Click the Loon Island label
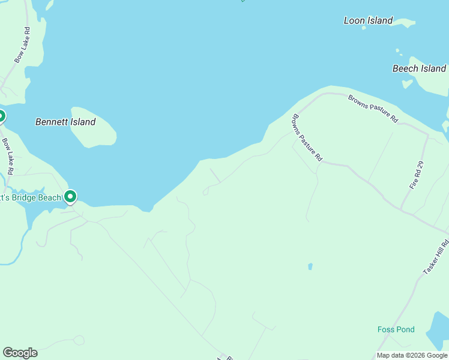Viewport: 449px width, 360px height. click(x=368, y=20)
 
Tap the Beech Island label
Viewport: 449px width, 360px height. click(x=419, y=68)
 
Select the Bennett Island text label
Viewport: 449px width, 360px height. click(x=65, y=122)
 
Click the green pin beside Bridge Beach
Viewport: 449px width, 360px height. click(x=70, y=196)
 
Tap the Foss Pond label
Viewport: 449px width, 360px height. click(x=396, y=329)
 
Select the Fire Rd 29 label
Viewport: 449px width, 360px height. click(x=417, y=176)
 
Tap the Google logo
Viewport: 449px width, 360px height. click(x=20, y=353)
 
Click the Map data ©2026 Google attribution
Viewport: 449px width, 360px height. click(x=412, y=355)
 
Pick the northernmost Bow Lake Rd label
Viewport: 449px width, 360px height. click(x=22, y=45)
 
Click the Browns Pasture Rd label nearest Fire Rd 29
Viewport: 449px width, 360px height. click(x=373, y=109)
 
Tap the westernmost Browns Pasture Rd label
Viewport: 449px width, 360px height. click(x=307, y=139)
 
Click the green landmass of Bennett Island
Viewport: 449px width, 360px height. click(x=93, y=127)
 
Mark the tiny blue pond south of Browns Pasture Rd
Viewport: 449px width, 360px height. click(x=310, y=266)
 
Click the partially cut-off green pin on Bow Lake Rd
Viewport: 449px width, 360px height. click(x=1, y=116)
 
